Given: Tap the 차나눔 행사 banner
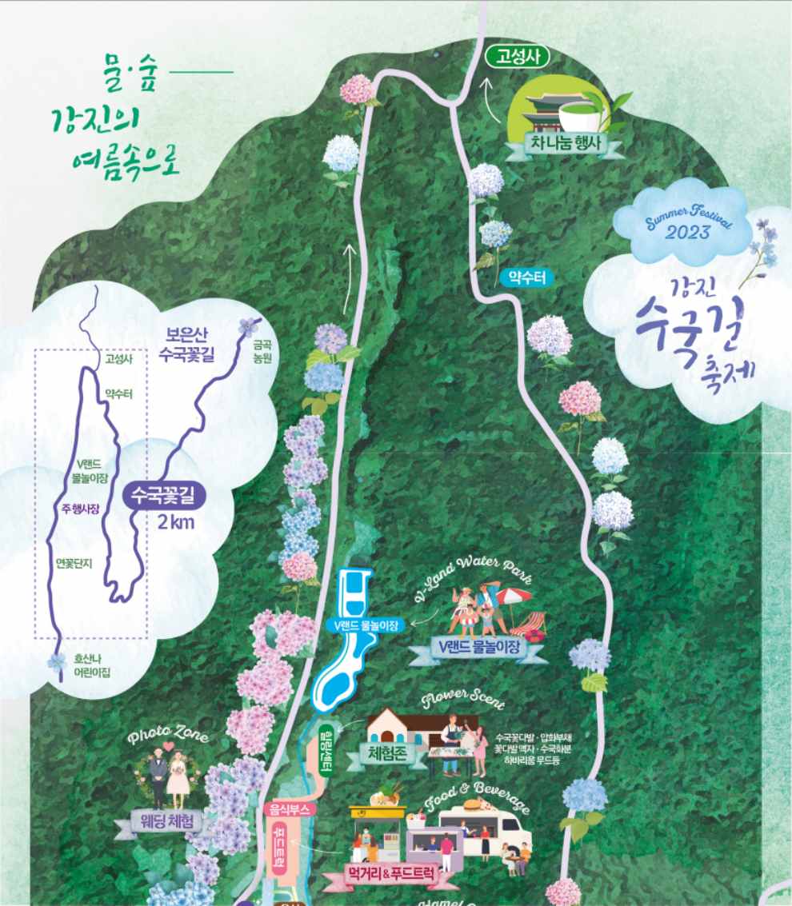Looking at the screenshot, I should coord(563,143).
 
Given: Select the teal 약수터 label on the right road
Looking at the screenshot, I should coord(526,277).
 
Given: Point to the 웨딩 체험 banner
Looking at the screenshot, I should coord(167,821).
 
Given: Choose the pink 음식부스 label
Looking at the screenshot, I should coord(291,809).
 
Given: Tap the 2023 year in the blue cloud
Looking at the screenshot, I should coord(686,232).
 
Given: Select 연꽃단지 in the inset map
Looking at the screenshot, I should coord(74,563).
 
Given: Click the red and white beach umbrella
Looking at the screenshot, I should coord(512,597).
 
